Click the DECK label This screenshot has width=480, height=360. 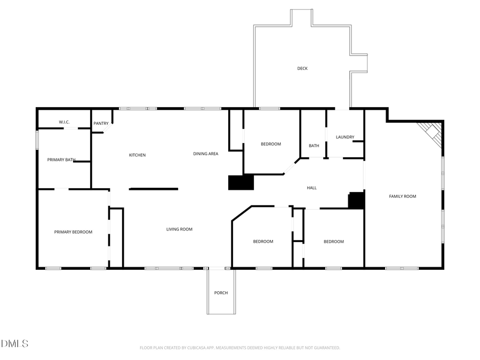click(302, 68)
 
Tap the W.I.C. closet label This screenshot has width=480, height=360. click(64, 122)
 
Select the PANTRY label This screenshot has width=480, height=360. click(101, 124)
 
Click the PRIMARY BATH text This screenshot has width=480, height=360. click(61, 159)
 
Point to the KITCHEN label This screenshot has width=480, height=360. click(137, 155)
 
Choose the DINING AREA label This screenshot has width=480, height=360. click(205, 154)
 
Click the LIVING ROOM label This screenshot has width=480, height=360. click(179, 229)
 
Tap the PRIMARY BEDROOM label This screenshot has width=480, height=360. click(73, 232)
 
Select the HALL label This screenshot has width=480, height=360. click(312, 188)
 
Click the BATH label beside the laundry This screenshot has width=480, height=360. click(314, 146)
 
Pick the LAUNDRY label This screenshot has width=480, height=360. click(345, 137)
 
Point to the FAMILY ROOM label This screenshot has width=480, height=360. click(402, 196)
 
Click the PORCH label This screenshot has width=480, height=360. click(221, 293)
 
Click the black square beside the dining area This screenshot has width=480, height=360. click(241, 182)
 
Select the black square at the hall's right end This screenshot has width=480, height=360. click(356, 201)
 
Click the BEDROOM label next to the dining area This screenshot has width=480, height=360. click(270, 144)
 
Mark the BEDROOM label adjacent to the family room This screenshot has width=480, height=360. click(334, 242)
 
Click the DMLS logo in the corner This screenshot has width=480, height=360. click(14, 343)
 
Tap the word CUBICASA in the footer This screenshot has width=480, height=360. click(195, 348)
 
